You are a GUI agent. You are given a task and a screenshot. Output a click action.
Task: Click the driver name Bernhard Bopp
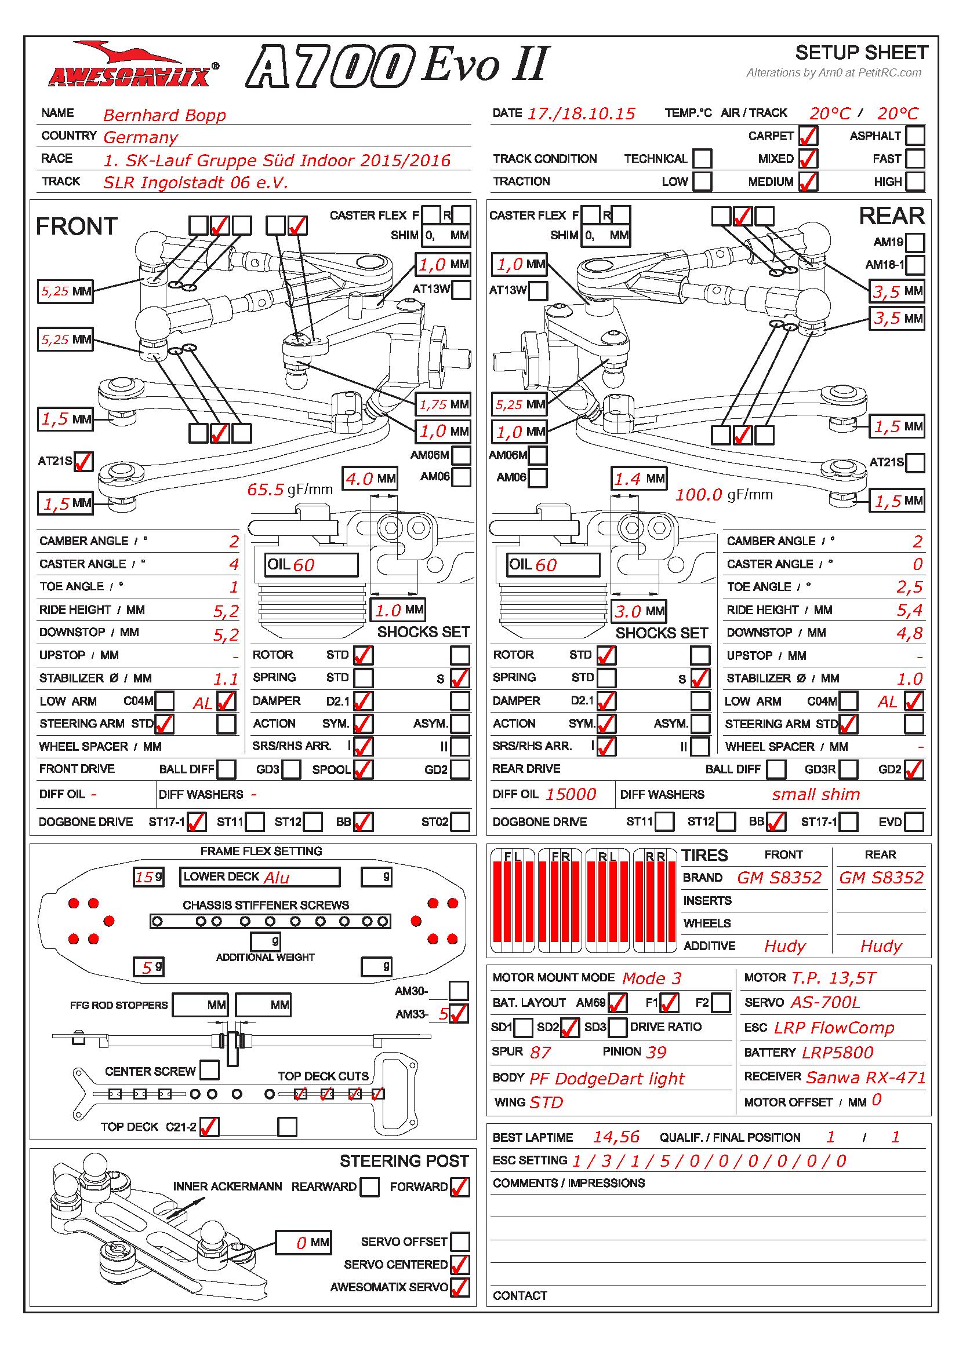pos(164,115)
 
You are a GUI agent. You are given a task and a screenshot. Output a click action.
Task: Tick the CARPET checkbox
pos(808,136)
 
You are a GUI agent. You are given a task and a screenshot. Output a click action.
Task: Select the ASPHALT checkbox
pos(915,136)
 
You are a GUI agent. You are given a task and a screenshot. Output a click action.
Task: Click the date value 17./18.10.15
pos(581,114)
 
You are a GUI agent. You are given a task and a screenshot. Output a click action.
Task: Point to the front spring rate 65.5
pos(265,490)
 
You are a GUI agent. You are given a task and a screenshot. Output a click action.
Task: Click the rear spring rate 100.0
pos(699,495)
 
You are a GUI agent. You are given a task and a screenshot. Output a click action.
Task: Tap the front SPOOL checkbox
pos(363,769)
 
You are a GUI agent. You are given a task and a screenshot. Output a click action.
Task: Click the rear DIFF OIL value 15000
pos(571,794)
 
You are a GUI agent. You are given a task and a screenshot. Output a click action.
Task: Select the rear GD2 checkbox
pos(914,769)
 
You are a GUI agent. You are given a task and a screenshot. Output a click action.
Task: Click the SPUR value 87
pos(540,1052)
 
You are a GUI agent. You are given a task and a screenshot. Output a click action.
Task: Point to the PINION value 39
pos(656,1052)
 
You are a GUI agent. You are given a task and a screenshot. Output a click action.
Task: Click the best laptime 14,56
pos(616,1137)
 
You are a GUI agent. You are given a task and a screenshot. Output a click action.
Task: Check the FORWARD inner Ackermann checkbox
pos(459,1187)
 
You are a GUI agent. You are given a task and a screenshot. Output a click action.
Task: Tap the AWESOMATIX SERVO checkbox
pos(459,1287)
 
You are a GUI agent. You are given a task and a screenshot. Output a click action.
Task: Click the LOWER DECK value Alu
pos(277,878)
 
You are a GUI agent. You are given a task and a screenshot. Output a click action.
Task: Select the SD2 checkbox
pos(569,1028)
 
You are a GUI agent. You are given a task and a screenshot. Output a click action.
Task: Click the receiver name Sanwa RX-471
pos(866,1078)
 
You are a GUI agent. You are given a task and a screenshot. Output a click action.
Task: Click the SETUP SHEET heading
pos(862,53)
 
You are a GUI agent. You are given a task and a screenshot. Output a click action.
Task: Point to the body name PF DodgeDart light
pos(606,1079)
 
